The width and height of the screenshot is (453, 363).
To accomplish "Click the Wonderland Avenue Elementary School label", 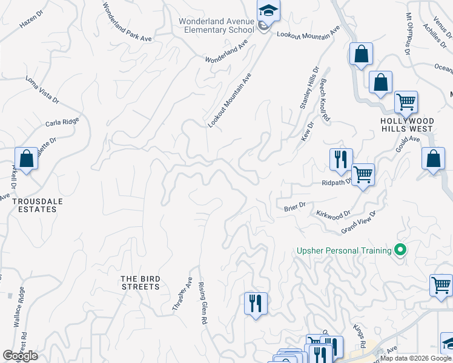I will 216,25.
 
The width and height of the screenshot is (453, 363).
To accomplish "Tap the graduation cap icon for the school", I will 268,11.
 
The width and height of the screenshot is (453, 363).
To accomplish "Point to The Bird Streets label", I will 141,283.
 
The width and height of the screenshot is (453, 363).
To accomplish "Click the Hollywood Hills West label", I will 406,125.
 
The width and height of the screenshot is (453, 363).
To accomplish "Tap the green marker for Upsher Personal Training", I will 400,250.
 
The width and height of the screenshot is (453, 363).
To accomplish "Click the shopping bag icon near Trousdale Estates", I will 27,160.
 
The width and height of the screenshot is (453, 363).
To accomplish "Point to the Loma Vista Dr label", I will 42,89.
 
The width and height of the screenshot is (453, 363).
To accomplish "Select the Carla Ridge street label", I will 62,123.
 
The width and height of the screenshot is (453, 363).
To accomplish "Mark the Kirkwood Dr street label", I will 333,214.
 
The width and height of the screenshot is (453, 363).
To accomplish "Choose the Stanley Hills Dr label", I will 309,89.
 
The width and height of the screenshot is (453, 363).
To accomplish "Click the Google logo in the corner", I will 20,356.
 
